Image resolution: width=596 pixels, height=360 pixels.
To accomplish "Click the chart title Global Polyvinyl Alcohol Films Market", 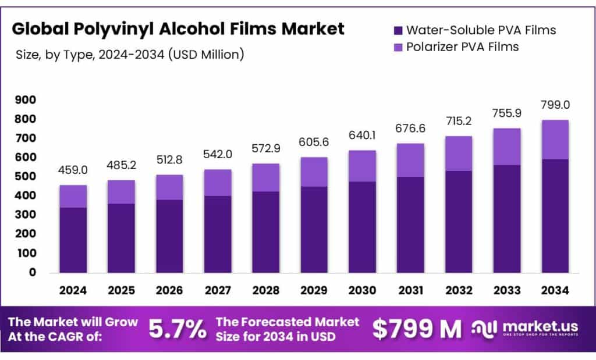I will tap(178, 28).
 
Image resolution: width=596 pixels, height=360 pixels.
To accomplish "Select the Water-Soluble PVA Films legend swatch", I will tap(398, 30).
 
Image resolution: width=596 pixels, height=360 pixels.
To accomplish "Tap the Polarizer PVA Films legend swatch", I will tap(398, 47).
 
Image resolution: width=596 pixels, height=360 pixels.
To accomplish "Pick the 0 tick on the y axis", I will tap(33, 272).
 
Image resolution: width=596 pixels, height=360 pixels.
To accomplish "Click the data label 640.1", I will tap(362, 136).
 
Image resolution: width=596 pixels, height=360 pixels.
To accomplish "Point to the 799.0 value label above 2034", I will tap(555, 105).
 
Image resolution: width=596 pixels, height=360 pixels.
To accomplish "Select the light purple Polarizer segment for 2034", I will tap(555, 140).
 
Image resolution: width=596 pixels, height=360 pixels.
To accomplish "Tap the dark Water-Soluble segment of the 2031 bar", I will tap(410, 224).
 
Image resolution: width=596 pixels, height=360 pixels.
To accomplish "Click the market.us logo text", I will tap(534, 326).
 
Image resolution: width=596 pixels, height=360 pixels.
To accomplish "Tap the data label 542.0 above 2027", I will tap(217, 155).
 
